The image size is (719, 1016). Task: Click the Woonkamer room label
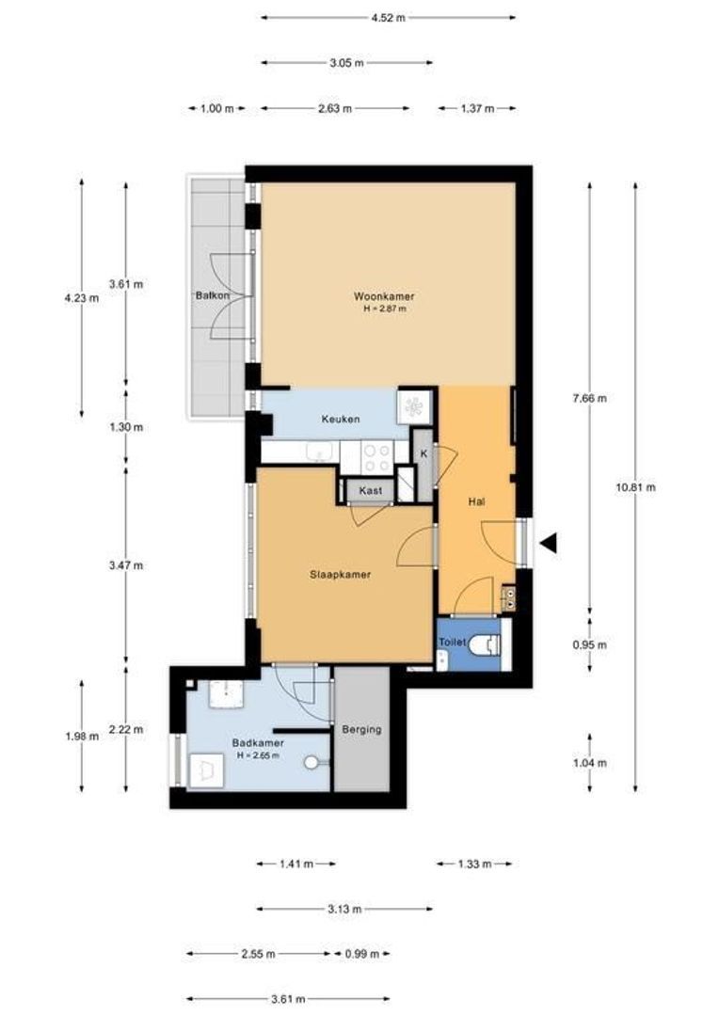tap(384, 296)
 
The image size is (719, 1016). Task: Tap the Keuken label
tap(341, 420)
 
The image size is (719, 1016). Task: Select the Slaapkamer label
tap(341, 574)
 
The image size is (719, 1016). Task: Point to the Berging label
tap(361, 730)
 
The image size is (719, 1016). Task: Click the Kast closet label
tap(370, 491)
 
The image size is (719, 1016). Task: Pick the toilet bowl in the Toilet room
tap(485, 644)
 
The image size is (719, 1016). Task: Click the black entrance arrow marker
tap(549, 543)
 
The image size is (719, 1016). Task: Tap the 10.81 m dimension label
tap(635, 487)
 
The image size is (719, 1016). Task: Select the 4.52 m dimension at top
tap(389, 18)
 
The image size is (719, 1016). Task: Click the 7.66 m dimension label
tap(590, 399)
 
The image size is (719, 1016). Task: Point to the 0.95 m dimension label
tap(590, 644)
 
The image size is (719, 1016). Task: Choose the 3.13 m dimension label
tap(344, 909)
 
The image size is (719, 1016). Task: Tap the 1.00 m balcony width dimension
tap(216, 109)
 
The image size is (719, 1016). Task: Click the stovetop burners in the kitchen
tap(376, 456)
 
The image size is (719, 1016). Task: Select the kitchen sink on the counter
tap(319, 452)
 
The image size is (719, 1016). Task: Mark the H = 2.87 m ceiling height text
tap(385, 310)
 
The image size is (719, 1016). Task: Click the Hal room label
tap(476, 501)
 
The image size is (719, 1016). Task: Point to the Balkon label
tap(213, 295)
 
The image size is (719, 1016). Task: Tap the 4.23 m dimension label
tap(82, 299)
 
